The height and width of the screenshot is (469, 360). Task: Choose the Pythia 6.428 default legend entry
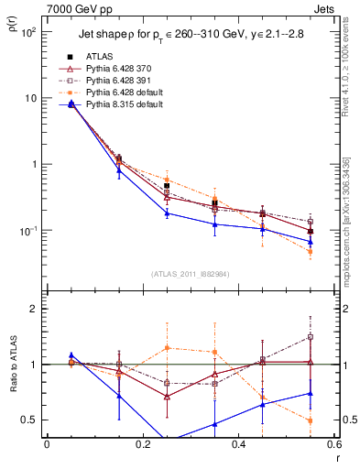pyautogui.click(x=126, y=93)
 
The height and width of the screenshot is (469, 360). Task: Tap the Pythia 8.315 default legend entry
pyautogui.click(x=126, y=105)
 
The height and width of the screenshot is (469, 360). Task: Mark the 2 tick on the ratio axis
pyautogui.click(x=35, y=309)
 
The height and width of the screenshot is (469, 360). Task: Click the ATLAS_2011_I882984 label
pyautogui.click(x=191, y=274)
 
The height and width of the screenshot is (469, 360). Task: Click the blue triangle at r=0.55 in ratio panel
pyautogui.click(x=311, y=394)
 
